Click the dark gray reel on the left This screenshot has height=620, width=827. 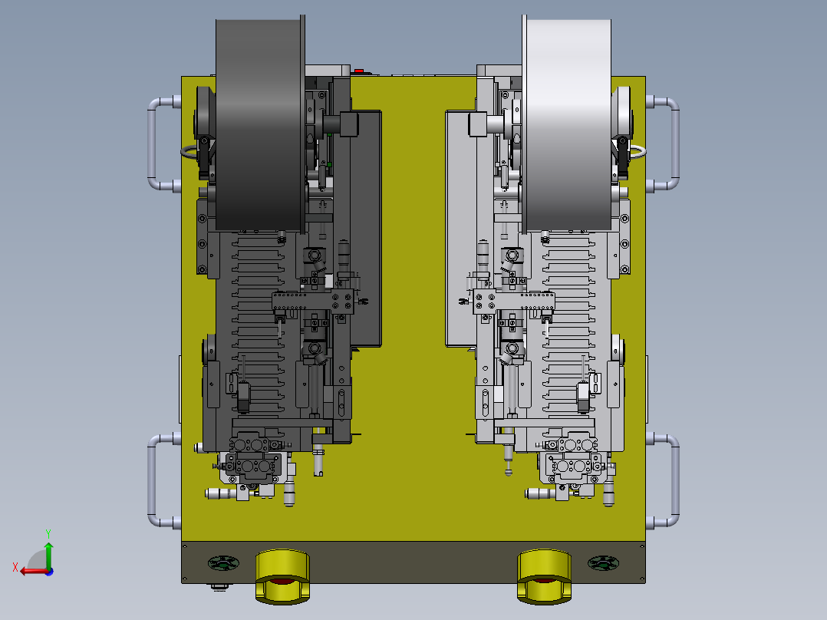tap(260, 125)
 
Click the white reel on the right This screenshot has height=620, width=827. tap(567, 125)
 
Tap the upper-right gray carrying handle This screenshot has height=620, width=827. tap(674, 143)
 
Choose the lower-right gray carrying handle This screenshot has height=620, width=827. tap(674, 480)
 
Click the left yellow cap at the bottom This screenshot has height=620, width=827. tap(282, 576)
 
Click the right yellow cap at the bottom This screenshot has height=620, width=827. tap(544, 576)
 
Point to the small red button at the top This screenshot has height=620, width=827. tap(359, 70)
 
